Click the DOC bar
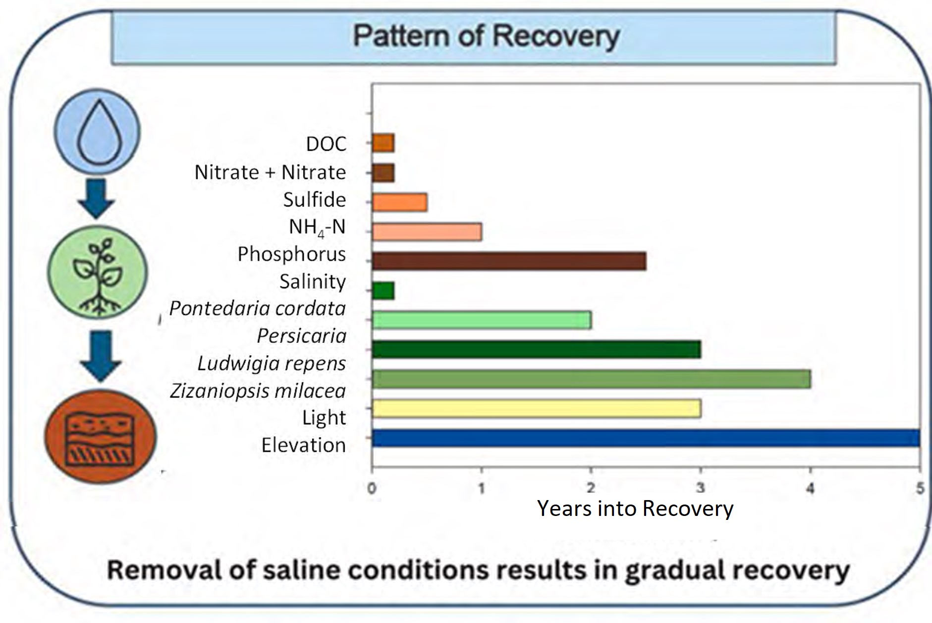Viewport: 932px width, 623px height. point(383,143)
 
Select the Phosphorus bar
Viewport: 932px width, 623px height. point(509,261)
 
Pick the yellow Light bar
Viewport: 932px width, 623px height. point(536,409)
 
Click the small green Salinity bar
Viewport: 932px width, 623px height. point(383,291)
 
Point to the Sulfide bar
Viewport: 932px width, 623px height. point(399,202)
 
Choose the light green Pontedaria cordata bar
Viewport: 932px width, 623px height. point(482,320)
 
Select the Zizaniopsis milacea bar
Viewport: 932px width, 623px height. point(591,379)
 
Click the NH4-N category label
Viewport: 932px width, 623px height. point(317,227)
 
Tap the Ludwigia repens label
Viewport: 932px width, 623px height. point(272,363)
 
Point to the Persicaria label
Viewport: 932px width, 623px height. point(301,336)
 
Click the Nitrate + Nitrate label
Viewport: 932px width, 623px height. point(270,172)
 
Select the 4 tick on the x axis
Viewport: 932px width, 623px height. point(810,489)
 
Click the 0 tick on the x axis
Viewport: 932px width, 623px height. point(372,489)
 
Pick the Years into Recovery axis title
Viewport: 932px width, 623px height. point(635,509)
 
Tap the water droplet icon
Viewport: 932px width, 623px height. point(97,131)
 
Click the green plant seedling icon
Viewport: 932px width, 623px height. point(98,272)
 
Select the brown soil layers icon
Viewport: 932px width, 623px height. point(100,437)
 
